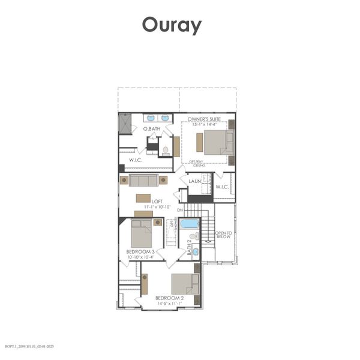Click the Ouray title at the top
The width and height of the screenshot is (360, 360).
(172, 26)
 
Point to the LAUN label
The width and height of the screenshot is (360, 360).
(194, 181)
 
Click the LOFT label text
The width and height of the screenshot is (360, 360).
(157, 202)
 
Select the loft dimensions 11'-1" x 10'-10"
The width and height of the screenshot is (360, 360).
(157, 207)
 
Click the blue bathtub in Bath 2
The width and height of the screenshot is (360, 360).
(189, 224)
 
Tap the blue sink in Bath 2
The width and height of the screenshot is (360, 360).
(196, 252)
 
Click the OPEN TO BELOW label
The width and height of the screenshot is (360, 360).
(223, 235)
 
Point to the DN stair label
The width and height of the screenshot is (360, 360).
(180, 211)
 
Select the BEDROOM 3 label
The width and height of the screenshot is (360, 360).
(140, 251)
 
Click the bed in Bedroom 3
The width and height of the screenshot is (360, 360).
(142, 232)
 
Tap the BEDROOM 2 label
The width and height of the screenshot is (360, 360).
(169, 298)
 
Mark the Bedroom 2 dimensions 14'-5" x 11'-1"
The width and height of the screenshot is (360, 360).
(169, 303)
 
